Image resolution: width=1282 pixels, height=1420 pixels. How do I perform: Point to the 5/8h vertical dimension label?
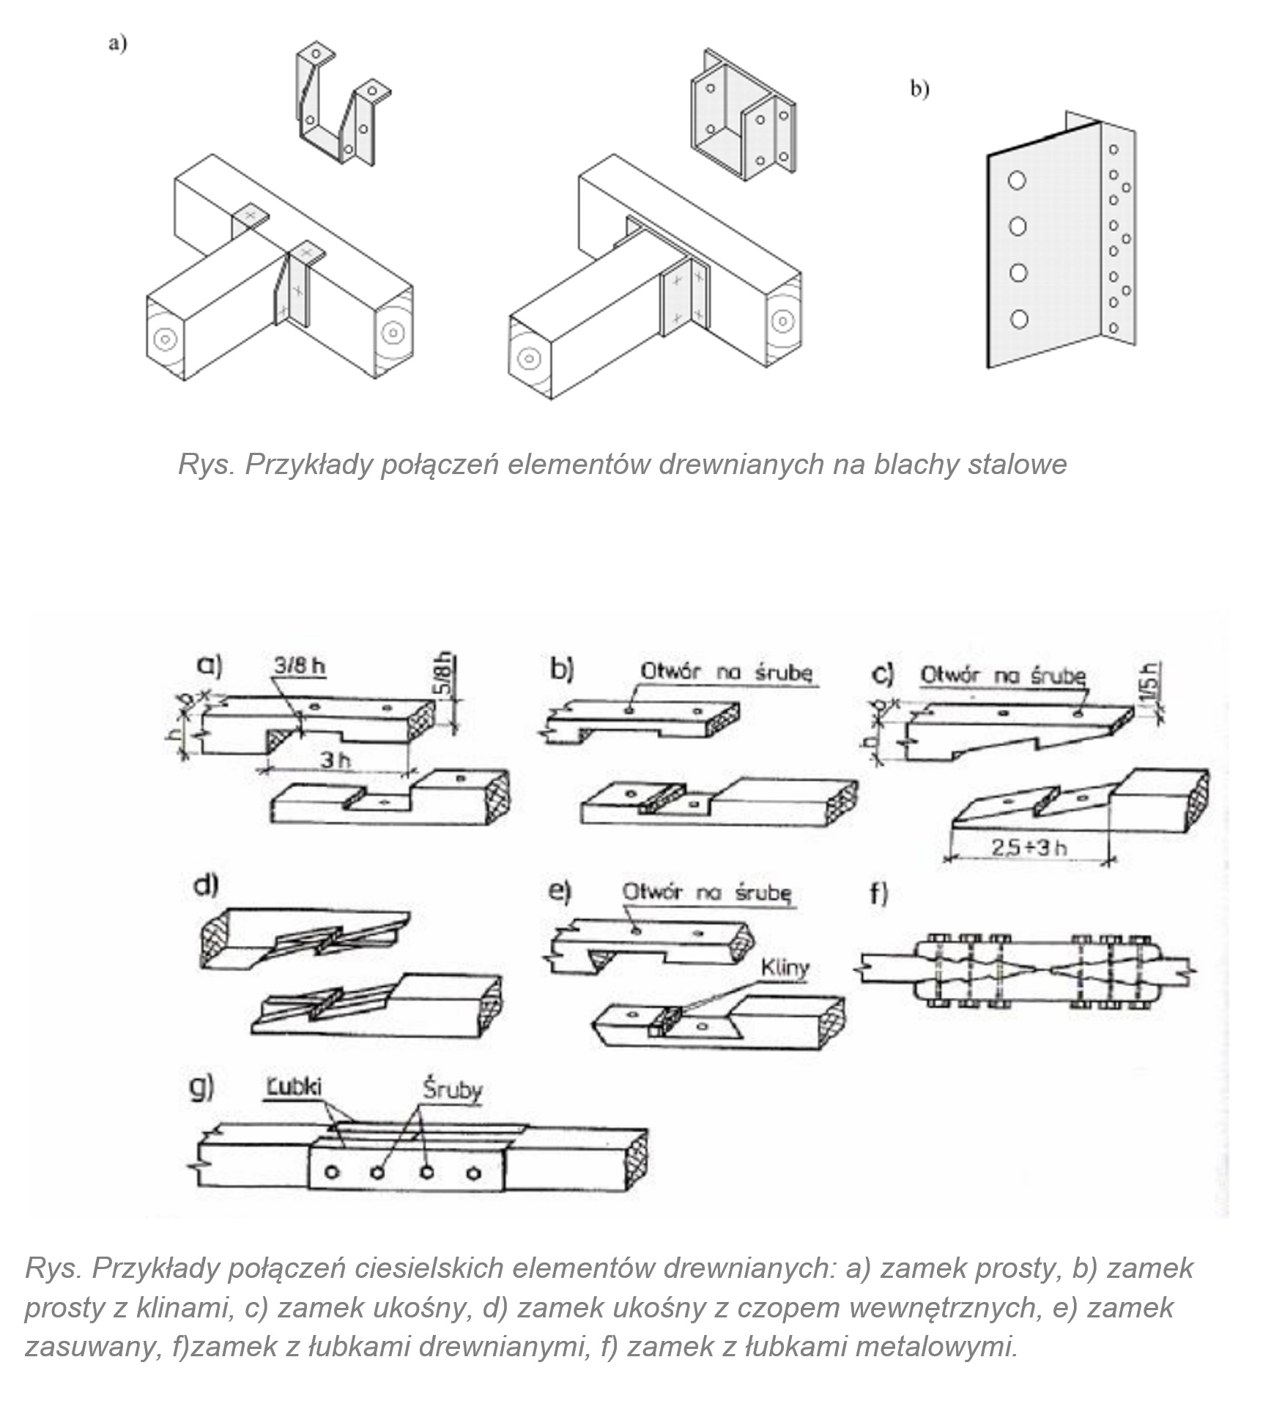(445, 675)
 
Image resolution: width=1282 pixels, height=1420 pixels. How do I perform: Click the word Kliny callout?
(785, 968)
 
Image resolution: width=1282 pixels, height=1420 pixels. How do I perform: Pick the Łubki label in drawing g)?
(294, 1087)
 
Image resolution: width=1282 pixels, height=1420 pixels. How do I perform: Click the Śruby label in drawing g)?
(452, 1090)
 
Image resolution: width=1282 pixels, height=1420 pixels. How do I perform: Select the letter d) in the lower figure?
(206, 886)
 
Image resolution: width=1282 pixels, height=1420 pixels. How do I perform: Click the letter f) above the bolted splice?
(878, 895)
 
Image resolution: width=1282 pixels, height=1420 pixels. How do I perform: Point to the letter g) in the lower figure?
(201, 1088)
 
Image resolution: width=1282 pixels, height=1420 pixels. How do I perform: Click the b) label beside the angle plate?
(919, 89)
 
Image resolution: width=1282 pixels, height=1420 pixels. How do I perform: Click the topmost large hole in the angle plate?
(1017, 180)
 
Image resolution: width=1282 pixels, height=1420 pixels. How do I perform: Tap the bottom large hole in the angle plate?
(1018, 319)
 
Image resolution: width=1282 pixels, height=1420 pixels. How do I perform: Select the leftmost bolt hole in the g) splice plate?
(331, 1173)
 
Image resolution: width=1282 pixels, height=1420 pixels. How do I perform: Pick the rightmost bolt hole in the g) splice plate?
(474, 1173)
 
